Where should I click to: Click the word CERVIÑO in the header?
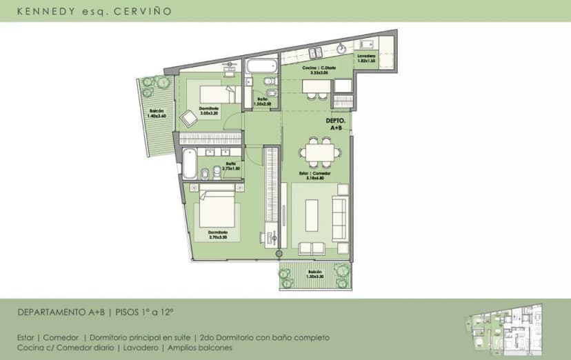[x=146, y=12]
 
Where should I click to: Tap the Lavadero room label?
[x=365, y=58]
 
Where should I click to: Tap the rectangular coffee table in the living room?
[x=313, y=216]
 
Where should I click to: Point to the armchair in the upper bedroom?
[x=188, y=119]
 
